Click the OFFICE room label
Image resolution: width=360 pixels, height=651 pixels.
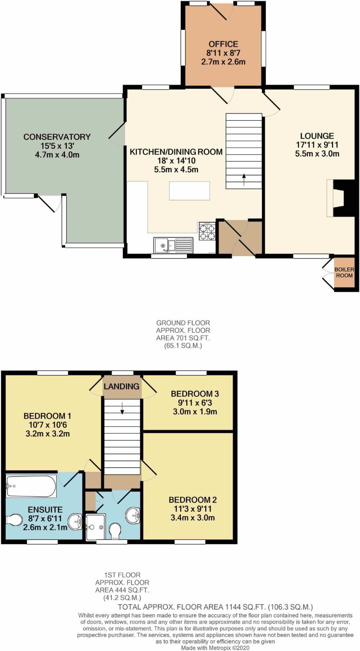pos(223,44)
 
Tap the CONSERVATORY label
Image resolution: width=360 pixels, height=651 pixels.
pos(57,136)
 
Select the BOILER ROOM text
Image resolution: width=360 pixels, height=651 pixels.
pos(344,272)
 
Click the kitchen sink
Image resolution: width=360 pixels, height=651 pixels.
pos(173,245)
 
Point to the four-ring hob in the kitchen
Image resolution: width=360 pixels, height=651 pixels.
pos(207,231)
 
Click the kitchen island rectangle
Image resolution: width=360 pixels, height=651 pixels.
pos(190,190)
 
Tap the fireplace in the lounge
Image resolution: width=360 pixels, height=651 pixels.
pos(341,198)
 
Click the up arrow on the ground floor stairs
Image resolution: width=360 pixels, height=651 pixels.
pos(244,179)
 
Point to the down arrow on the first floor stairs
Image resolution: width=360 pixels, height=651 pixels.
pos(122,408)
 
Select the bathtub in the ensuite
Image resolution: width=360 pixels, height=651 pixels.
pos(31,486)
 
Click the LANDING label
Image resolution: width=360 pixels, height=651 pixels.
pos(121,386)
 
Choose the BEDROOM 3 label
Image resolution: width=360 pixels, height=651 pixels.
pos(195,394)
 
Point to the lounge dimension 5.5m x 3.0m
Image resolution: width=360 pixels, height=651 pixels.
pos(317,154)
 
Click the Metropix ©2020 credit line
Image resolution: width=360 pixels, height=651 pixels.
pos(215,648)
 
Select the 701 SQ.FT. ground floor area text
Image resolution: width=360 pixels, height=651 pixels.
pos(183,338)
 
